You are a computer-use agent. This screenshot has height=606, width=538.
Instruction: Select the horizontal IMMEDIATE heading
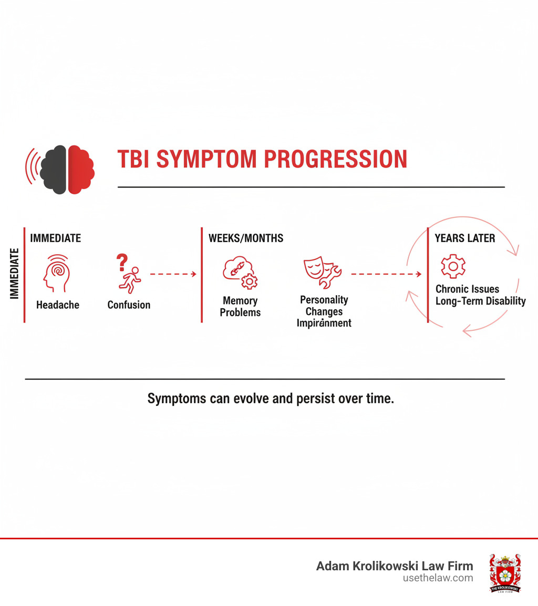coord(55,238)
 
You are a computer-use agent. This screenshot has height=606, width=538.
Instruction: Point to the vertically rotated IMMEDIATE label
coord(14,273)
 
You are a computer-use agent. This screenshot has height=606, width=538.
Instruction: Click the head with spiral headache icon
coord(57,274)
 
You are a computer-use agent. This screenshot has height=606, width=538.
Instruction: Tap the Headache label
coord(57,305)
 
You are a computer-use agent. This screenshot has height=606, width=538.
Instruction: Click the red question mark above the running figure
coord(122,261)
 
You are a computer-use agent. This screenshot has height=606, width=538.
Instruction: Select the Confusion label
coord(129,305)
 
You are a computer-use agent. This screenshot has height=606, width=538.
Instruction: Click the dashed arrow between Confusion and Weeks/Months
coord(173,274)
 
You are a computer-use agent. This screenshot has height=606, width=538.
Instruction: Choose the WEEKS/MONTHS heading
coord(246,238)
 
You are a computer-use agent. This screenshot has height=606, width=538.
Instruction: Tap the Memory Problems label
coord(240,306)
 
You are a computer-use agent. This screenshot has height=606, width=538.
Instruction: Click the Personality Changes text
coord(324,305)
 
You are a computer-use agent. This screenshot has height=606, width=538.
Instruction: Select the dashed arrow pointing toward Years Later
coord(386,274)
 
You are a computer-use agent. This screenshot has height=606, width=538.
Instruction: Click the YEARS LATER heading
coord(464,238)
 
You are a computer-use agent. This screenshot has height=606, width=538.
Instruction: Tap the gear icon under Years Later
coord(452,266)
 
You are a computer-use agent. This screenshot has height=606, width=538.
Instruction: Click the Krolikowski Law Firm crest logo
coord(505,573)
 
